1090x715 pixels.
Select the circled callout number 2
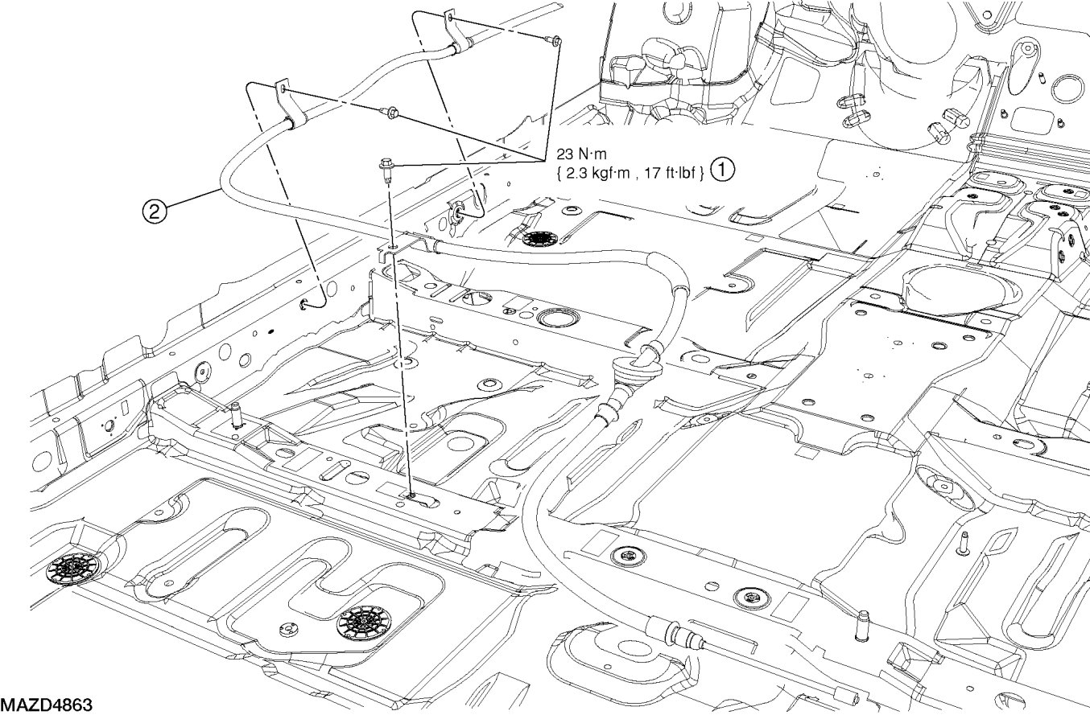click(x=153, y=212)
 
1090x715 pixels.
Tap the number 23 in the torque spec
click(x=565, y=154)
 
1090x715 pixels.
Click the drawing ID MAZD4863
click(x=47, y=705)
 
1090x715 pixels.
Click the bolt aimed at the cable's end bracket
click(x=553, y=40)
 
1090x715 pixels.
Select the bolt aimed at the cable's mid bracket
click(x=390, y=112)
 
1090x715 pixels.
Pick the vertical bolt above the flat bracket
click(x=386, y=171)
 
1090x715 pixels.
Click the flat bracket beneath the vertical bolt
click(x=392, y=251)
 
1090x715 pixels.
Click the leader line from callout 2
click(x=192, y=201)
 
